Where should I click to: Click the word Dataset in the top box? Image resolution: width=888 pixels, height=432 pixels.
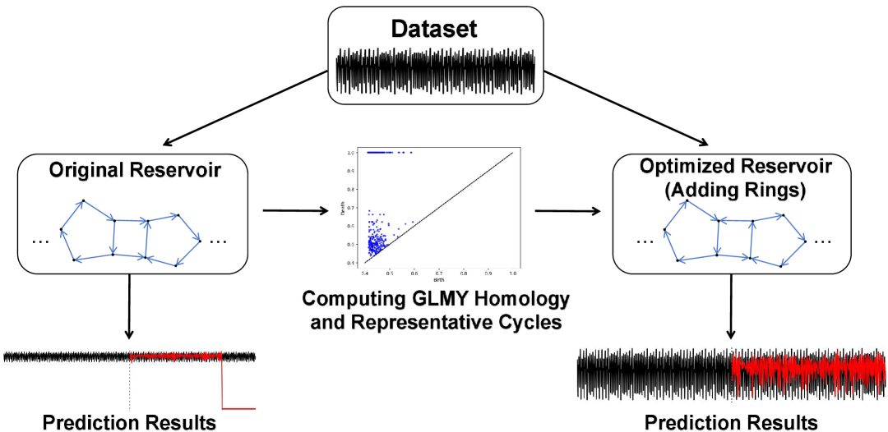point(435,29)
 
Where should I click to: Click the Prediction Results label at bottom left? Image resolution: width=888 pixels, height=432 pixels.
point(129,422)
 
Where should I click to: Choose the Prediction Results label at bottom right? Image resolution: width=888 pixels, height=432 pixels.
point(731,422)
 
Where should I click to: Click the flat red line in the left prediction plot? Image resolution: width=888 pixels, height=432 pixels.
point(240,407)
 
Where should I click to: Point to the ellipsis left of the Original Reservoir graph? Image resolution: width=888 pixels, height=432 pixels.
point(40,241)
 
